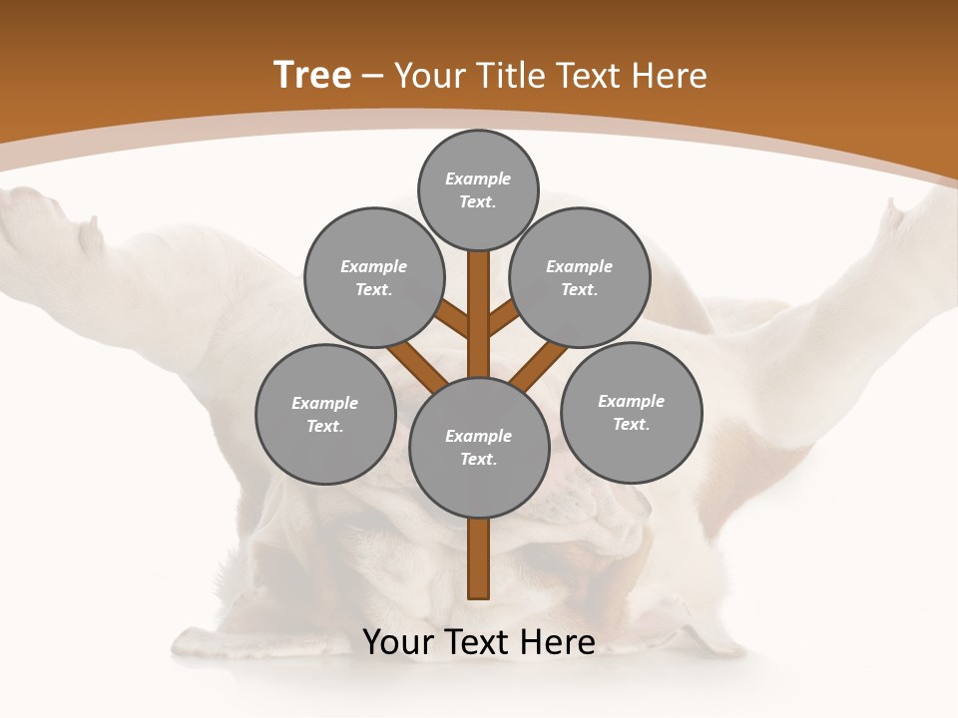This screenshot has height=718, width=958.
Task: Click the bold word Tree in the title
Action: (312, 76)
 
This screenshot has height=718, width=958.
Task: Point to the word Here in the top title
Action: (670, 76)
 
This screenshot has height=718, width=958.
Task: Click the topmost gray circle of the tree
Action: (479, 189)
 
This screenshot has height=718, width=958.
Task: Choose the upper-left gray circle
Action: (374, 277)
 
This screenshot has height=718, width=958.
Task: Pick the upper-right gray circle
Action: (580, 277)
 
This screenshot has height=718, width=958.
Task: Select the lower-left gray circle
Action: (325, 414)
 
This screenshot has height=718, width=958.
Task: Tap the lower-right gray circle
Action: (631, 412)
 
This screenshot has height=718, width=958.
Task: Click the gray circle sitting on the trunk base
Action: (479, 447)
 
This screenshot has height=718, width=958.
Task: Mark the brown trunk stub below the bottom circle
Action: (479, 557)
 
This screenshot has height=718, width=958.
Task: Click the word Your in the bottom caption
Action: (398, 642)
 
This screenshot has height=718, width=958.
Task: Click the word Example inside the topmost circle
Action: (478, 179)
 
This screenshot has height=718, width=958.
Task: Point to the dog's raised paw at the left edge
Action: (40, 224)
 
